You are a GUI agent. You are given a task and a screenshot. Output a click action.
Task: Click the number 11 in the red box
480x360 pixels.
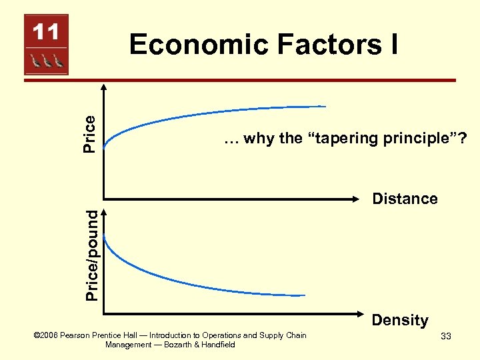46,32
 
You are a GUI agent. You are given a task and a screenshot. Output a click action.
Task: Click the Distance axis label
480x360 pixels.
405,199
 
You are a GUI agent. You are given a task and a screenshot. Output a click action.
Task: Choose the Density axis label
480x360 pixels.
400,320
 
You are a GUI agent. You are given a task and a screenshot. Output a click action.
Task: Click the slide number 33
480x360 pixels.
445,337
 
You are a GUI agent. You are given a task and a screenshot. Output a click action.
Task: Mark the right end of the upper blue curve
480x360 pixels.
325,106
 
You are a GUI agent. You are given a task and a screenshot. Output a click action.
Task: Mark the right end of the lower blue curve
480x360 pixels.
305,295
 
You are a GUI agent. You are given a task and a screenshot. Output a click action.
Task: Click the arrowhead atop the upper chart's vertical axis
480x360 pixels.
104,85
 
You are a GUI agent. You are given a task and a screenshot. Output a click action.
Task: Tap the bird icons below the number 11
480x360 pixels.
46,61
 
